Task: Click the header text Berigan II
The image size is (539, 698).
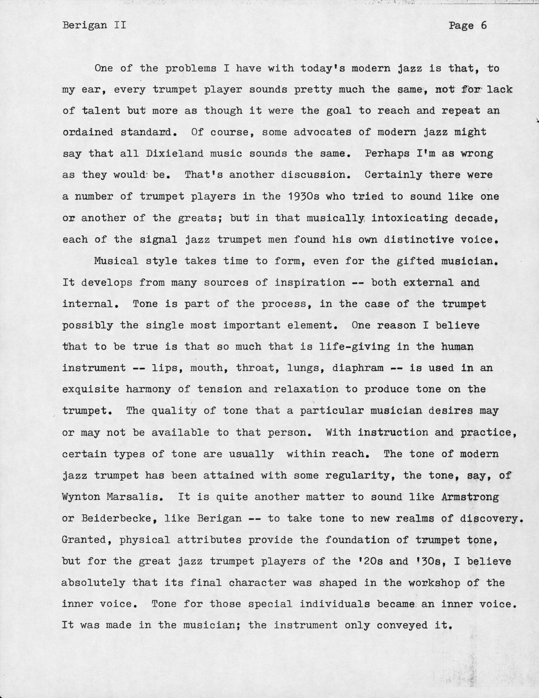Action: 94,25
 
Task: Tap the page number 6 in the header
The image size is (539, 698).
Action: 483,25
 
